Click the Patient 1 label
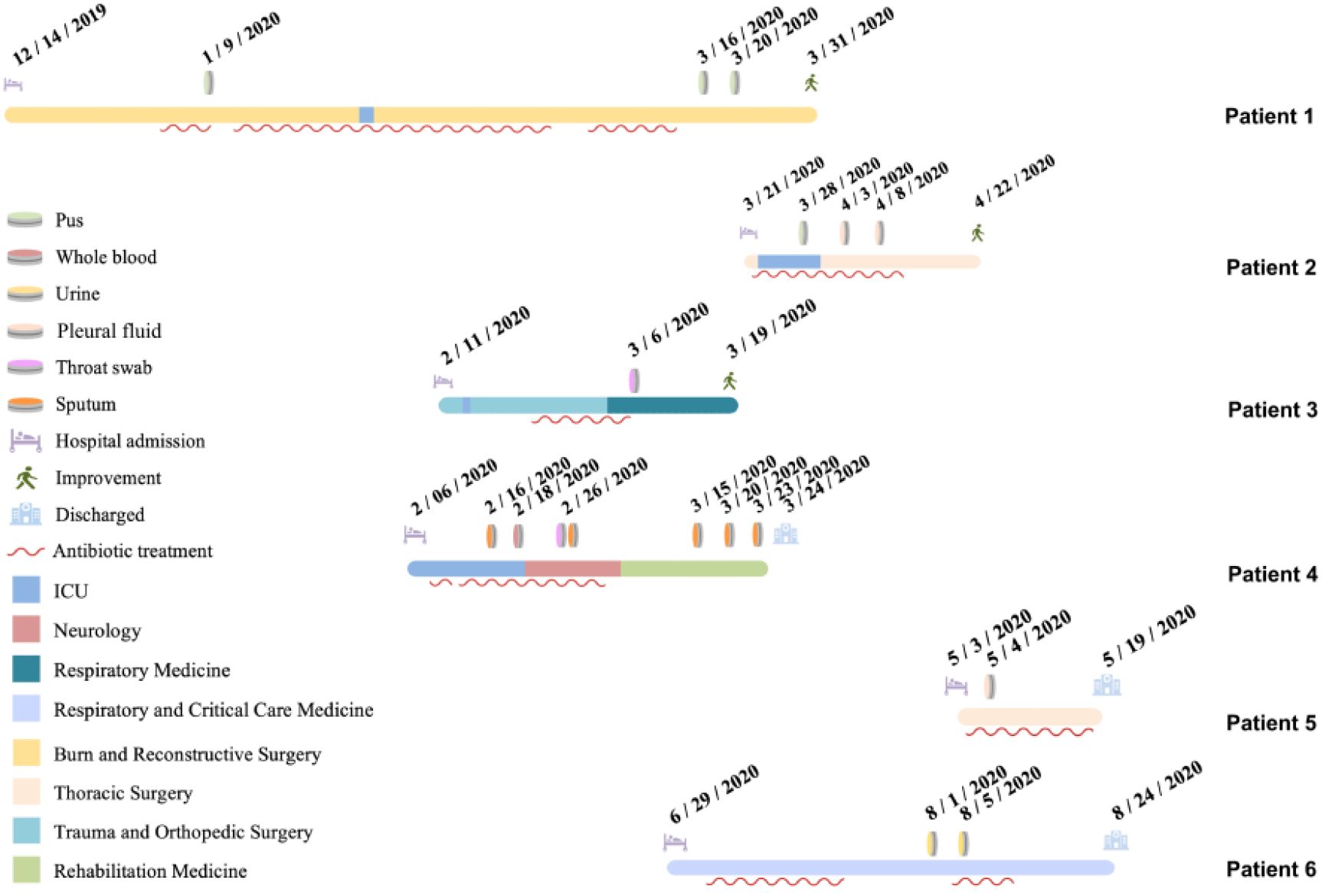click(1268, 116)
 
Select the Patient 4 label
click(1271, 574)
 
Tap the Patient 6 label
click(1270, 869)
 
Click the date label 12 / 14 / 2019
click(59, 34)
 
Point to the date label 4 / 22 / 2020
click(1014, 181)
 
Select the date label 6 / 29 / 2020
click(714, 793)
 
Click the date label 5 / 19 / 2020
click(1149, 635)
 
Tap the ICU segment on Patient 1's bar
click(367, 115)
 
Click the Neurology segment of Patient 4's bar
click(572, 568)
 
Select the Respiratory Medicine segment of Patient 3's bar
click(672, 405)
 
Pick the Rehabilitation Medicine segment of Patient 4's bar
click(693, 568)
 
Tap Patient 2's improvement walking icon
click(977, 233)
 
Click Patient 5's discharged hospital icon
click(1107, 685)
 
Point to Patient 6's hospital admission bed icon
click(675, 842)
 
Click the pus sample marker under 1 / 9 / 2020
click(208, 82)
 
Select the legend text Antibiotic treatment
click(133, 551)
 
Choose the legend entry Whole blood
click(106, 257)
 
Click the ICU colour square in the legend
click(26, 590)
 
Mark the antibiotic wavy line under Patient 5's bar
click(1029, 733)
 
